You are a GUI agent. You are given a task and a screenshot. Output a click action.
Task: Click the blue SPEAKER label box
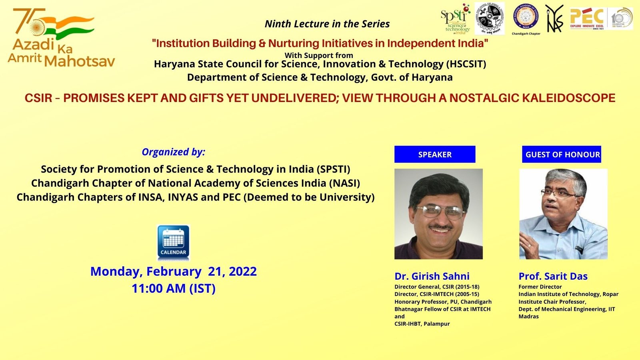coord(435,154)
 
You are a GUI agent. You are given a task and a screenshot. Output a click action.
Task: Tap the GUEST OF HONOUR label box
coord(562,154)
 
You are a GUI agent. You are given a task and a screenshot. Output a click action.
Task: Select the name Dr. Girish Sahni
coord(432,276)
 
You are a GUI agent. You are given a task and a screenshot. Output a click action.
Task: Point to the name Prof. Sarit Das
coord(553,276)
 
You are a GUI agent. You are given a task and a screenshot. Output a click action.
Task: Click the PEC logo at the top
coord(587,18)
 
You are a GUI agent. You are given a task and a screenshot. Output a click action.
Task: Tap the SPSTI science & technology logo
coord(456,19)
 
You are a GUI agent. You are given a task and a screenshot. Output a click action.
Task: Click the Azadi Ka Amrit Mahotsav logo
coord(60,38)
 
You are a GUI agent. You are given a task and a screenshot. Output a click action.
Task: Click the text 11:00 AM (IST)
coord(174,288)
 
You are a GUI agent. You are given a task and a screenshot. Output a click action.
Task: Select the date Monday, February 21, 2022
coord(174,271)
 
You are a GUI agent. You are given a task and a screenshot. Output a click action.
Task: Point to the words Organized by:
coord(173,152)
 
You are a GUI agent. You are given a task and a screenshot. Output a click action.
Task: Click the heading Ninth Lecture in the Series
coord(327,24)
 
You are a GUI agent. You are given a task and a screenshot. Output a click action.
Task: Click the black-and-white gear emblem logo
coord(489,19)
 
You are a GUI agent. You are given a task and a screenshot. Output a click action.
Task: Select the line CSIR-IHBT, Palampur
coord(422,324)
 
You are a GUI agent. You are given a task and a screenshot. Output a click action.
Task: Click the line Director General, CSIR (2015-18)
coord(437,287)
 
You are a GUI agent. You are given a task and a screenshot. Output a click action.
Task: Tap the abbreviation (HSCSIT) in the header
coord(467,64)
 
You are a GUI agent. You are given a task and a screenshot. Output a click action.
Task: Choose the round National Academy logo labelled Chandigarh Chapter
coord(526,18)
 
